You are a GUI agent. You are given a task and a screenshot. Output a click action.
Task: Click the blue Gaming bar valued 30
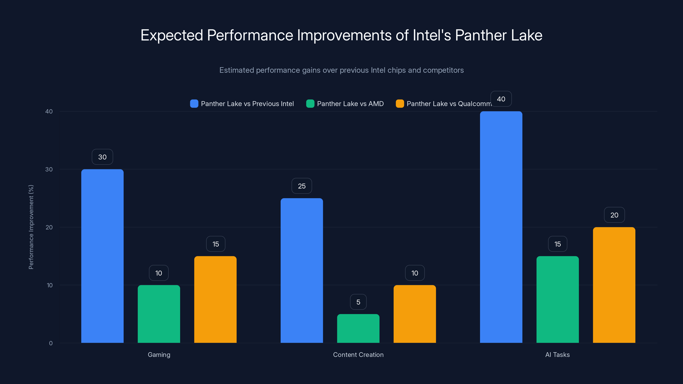[102, 256]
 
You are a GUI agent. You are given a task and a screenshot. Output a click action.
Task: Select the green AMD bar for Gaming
[159, 314]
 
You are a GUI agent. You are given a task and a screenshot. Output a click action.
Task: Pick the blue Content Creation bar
[302, 270]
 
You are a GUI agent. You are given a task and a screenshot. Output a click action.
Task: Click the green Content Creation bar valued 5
[358, 328]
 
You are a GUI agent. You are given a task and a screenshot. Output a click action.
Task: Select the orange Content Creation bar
[415, 314]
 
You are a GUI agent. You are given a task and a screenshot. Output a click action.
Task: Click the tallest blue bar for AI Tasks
[501, 227]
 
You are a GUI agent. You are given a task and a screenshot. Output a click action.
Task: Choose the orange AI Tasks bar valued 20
[614, 285]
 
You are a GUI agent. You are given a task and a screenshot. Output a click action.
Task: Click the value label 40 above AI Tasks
[501, 99]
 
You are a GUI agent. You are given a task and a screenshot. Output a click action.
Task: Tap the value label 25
[302, 186]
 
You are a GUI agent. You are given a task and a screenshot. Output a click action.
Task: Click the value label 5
[358, 302]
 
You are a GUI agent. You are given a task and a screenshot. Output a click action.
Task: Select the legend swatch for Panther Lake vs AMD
[310, 104]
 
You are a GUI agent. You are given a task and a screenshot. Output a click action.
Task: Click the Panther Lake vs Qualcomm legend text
[449, 104]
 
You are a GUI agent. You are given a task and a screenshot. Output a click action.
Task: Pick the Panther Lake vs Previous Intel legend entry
[247, 104]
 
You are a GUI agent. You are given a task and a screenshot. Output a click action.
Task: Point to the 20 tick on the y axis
[49, 227]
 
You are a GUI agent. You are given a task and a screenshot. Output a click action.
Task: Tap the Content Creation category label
[358, 355]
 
